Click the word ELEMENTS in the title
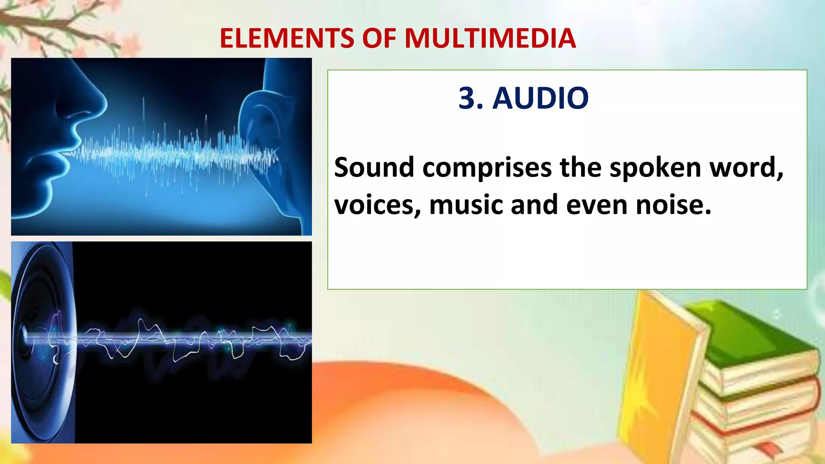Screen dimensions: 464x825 click(287, 39)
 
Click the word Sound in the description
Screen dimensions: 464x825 click(374, 168)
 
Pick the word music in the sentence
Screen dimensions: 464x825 click(466, 205)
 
